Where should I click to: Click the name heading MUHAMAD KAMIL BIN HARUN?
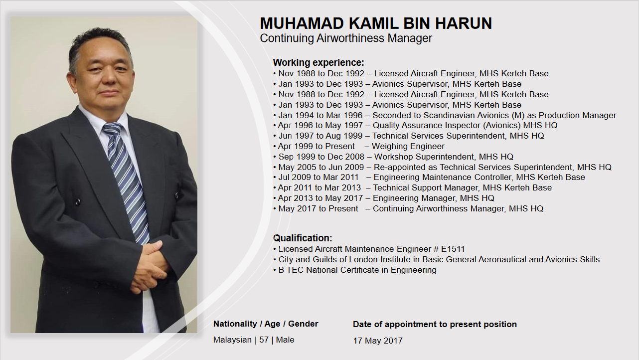(376, 23)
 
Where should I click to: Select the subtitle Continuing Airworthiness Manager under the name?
(346, 38)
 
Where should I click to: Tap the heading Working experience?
(319, 62)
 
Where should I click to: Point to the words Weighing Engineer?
(408, 146)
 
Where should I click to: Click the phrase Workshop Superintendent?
(424, 157)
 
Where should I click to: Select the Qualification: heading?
(303, 238)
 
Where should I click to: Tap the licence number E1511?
(453, 249)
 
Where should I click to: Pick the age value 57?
(264, 340)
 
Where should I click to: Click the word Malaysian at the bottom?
(232, 340)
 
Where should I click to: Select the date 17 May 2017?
(378, 341)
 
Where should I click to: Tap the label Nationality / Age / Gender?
(266, 324)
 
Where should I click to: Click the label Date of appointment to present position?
(435, 324)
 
